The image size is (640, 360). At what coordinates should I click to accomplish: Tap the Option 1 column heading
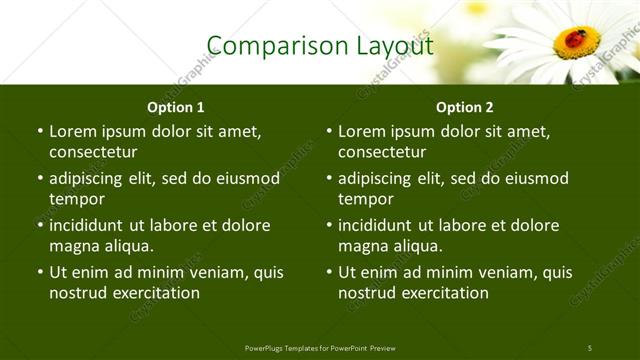(175, 106)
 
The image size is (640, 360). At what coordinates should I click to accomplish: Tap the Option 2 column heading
(464, 106)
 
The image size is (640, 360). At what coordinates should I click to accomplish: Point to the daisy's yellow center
(577, 43)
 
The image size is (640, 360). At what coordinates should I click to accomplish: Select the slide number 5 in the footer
(589, 347)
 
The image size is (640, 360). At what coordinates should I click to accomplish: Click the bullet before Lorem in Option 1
(39, 132)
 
